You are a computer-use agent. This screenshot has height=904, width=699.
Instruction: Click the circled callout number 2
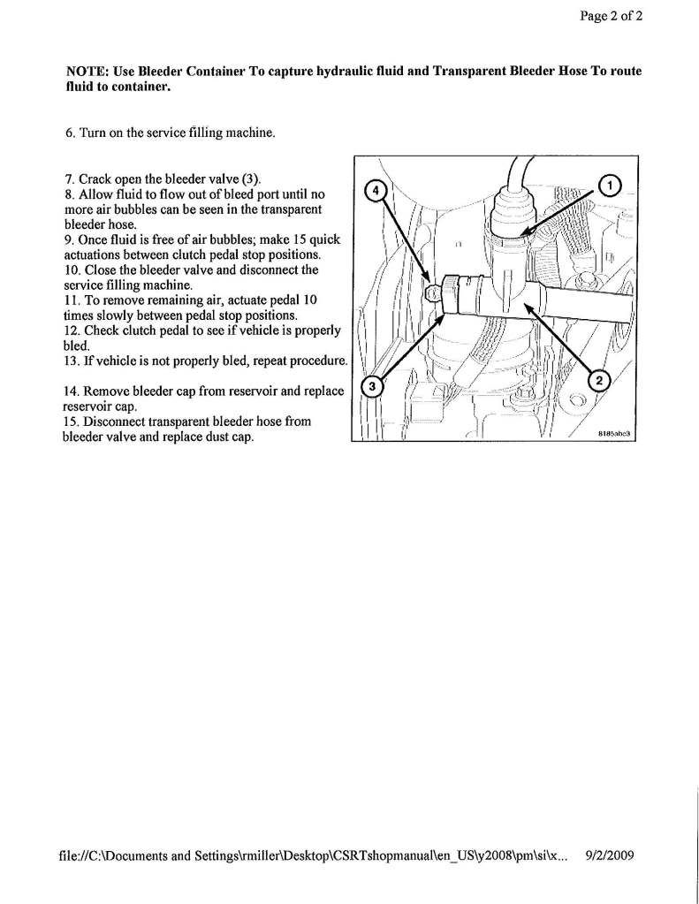tap(599, 381)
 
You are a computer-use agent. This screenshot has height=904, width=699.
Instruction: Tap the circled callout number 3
tap(373, 388)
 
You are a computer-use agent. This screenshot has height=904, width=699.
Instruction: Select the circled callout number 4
tap(374, 191)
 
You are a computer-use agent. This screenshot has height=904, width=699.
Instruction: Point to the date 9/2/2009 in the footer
tap(610, 855)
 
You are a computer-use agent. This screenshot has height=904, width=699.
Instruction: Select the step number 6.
tap(70, 133)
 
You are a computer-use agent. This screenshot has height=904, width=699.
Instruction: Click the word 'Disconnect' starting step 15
tap(119, 422)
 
